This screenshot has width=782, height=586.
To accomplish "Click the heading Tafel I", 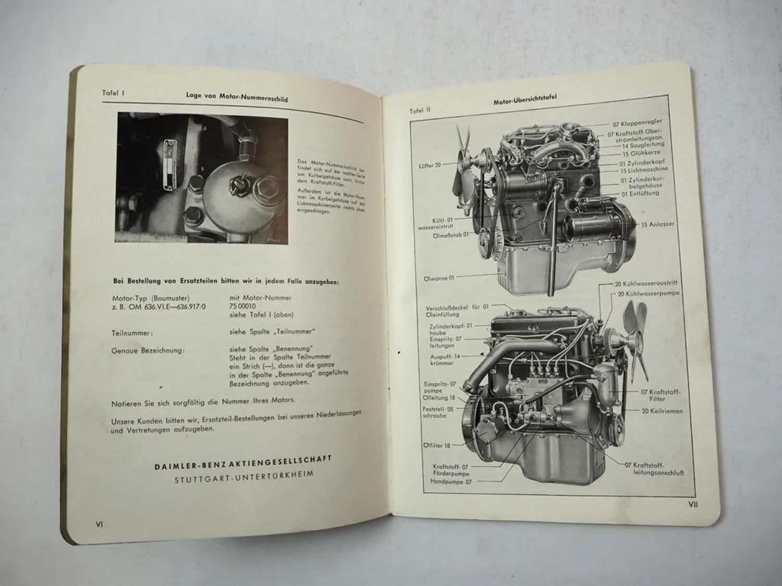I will click(x=112, y=93).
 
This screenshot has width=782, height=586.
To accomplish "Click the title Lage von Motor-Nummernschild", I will click(x=237, y=96).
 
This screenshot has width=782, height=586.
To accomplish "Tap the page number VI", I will click(x=99, y=524).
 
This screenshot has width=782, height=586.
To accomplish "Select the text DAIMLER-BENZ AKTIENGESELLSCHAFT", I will click(x=243, y=460).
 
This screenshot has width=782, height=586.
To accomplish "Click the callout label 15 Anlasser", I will click(x=658, y=224).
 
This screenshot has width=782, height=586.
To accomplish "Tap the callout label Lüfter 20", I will click(x=430, y=165).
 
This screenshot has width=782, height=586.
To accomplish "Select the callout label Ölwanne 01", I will click(x=438, y=278).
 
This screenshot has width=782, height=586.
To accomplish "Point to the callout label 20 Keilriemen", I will click(x=662, y=411).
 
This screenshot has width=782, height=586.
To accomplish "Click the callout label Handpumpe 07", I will click(x=450, y=482).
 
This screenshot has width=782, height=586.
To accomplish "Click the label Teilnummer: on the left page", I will click(x=132, y=332).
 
